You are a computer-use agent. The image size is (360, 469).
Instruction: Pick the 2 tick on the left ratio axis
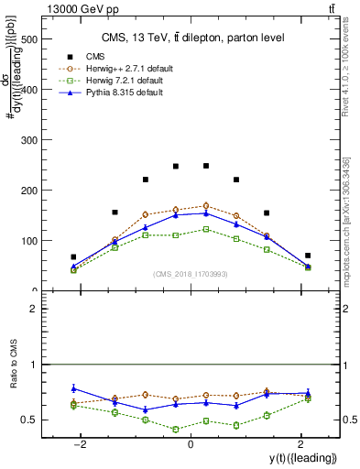tap(32, 309)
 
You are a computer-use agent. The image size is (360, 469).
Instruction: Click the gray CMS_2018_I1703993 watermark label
tap(190, 274)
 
